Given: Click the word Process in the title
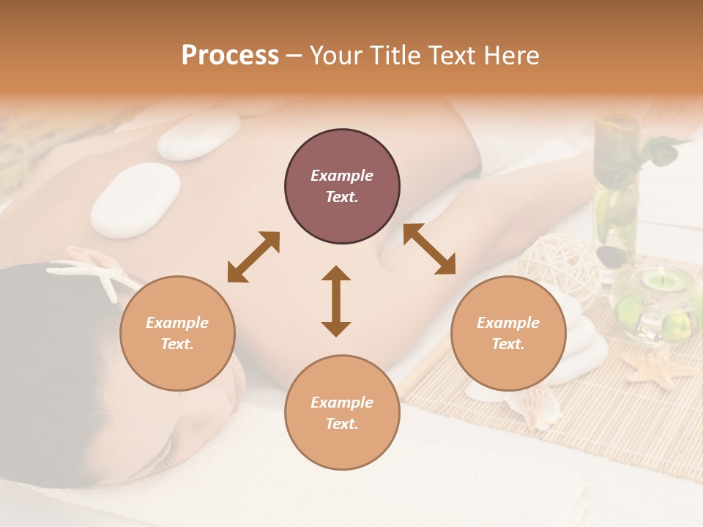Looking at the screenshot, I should click(x=230, y=56).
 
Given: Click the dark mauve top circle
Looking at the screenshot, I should click(x=342, y=187).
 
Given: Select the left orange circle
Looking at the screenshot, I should click(x=177, y=333).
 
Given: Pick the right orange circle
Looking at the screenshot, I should click(x=508, y=333).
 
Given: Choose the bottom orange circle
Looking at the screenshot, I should click(x=342, y=412).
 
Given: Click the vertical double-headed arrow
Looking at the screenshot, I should click(x=336, y=301).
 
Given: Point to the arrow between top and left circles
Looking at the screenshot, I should click(x=253, y=257).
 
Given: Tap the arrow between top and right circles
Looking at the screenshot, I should click(x=429, y=249).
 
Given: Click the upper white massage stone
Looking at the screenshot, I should click(x=199, y=135).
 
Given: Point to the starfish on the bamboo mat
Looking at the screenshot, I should click(x=657, y=368).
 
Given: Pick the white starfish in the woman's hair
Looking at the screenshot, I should click(x=95, y=276).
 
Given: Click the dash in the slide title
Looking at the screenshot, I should click(x=294, y=56).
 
